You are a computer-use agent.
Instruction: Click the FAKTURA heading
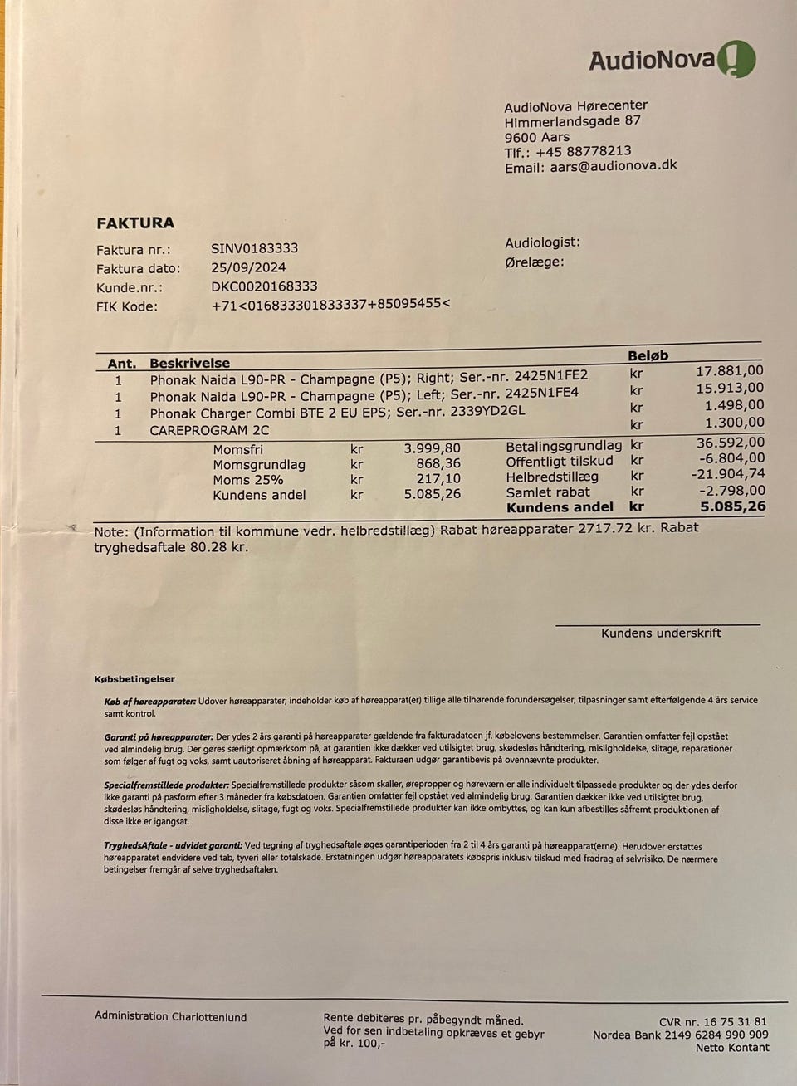coord(135,223)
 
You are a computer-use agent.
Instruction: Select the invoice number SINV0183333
coord(255,248)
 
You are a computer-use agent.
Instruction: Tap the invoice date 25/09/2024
coord(249,267)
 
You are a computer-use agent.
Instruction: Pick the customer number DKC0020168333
coord(264,286)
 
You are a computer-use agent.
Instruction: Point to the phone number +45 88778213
coord(584,151)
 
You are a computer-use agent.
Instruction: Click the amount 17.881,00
coord(730,371)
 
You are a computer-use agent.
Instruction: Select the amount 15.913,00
coord(730,388)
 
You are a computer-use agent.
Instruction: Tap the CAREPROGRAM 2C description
coord(209,430)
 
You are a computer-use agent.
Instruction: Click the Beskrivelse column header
coord(189,363)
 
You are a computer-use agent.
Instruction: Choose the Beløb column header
coord(648,355)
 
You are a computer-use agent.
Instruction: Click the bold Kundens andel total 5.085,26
coord(733,506)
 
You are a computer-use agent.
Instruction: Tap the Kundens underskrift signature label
coord(661,633)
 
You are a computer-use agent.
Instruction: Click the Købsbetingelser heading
coord(134,679)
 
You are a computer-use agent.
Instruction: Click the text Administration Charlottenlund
coord(170,1016)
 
